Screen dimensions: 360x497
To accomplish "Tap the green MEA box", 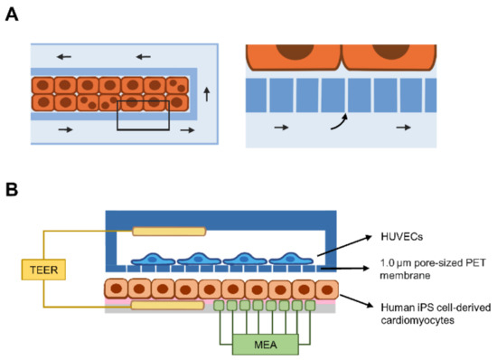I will [263, 346].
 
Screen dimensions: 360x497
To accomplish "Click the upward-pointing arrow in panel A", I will [205, 92].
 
